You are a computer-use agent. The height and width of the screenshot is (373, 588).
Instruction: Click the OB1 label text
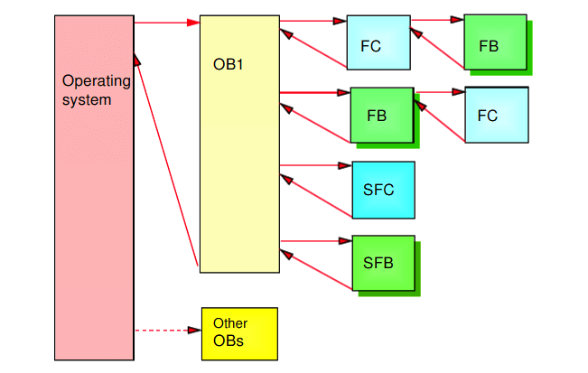(228, 64)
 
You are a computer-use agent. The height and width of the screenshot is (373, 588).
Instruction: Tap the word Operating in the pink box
(97, 81)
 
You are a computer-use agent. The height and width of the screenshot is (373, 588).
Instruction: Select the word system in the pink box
(87, 100)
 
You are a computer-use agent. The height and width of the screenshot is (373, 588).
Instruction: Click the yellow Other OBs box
(239, 334)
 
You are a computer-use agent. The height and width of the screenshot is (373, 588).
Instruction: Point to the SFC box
(383, 190)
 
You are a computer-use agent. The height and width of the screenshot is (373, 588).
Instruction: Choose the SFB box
(383, 263)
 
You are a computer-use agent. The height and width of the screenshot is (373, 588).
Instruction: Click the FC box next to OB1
(378, 42)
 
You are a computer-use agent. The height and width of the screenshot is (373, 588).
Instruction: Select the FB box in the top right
(495, 42)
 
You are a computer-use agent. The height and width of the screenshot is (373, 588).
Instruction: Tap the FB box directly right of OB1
(382, 115)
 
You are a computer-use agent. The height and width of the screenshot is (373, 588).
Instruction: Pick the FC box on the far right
(497, 115)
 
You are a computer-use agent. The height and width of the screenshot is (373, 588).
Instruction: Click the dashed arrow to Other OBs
(168, 331)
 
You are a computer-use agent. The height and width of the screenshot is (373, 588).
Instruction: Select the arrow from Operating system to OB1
(167, 23)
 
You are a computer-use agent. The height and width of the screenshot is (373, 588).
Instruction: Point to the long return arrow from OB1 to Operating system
(166, 160)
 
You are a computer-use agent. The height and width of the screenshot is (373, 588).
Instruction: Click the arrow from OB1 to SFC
(316, 165)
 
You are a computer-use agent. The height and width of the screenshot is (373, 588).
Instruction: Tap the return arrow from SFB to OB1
(316, 269)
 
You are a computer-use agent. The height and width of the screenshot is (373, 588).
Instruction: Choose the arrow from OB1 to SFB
(316, 240)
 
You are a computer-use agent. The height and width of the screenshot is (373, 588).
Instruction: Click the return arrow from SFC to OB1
(316, 196)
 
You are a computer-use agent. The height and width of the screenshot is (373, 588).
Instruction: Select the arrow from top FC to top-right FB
(438, 20)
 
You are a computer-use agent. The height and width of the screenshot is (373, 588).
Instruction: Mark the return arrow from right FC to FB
(440, 121)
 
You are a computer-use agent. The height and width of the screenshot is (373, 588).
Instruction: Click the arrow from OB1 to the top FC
(313, 21)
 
